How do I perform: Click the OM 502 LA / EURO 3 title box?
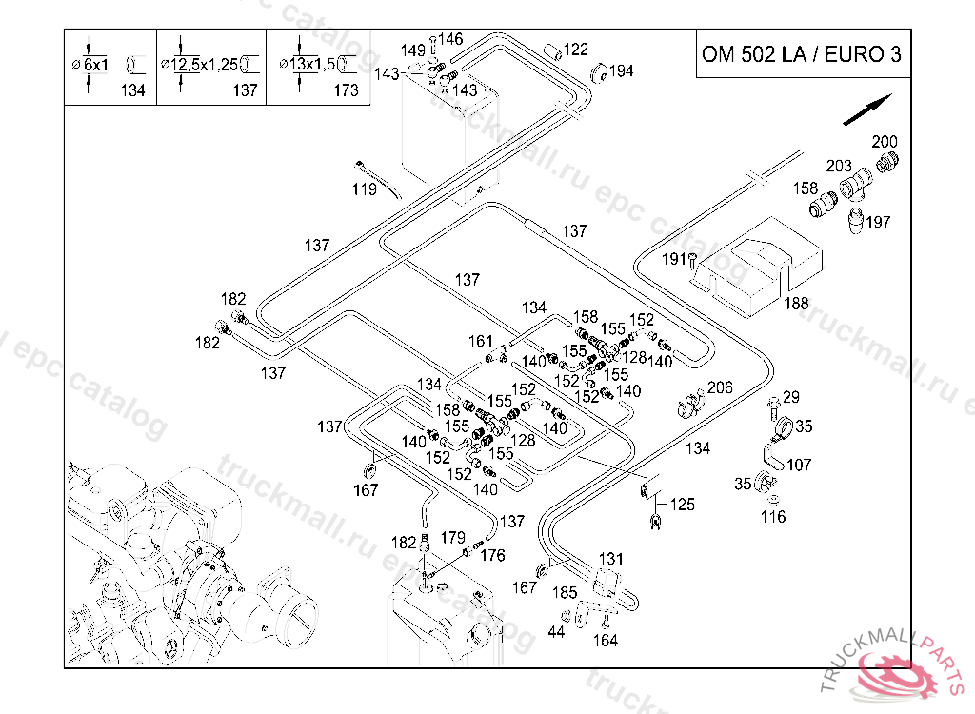pos(800,53)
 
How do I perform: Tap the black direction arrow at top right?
pos(867,109)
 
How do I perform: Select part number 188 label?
pos(796,304)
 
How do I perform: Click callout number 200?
pos(885,142)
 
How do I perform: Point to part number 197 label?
pos(879,222)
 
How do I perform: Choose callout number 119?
pos(364,189)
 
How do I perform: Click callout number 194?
pos(621,70)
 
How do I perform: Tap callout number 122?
pos(576,50)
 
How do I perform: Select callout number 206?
pos(720,387)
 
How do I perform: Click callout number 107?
pos(800,466)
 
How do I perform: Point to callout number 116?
pos(773,517)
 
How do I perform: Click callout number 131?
pos(610,559)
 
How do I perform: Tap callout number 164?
pos(605,641)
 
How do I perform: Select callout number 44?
pos(558,631)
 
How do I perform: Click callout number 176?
pos(492,555)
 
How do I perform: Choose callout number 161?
pos(480,341)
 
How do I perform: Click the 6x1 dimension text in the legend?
pos(95,65)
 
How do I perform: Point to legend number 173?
pos(347,90)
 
